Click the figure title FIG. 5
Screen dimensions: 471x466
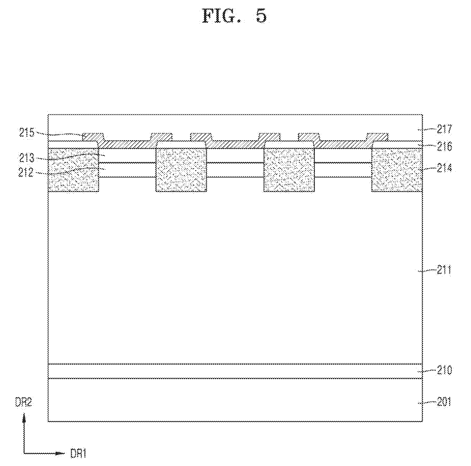coord(234,16)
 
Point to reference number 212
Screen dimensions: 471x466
coord(26,173)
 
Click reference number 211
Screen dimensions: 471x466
coord(444,270)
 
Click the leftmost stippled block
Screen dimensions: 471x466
coord(74,170)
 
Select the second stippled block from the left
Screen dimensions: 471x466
coord(181,170)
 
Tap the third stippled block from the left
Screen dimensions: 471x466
coord(289,170)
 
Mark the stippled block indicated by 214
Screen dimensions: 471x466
coord(397,170)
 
